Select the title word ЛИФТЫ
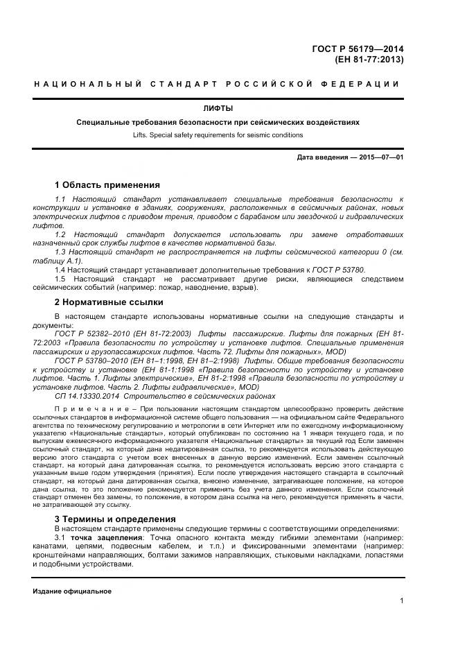[x=218, y=109]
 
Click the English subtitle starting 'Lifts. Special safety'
[x=218, y=135]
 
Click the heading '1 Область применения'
[x=107, y=185]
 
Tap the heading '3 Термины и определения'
[x=114, y=519]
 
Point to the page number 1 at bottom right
[x=401, y=602]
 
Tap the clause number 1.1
[x=60, y=200]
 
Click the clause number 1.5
[x=60, y=279]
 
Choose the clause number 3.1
[x=60, y=538]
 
